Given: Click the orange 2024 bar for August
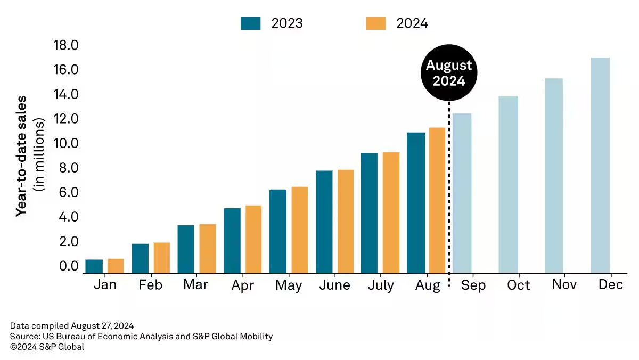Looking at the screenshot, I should point(437,200).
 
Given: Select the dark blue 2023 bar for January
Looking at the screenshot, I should point(94,266).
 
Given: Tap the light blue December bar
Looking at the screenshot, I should point(600,165).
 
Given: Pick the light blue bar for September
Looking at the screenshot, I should point(462,193).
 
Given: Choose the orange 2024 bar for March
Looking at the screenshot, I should point(208,249).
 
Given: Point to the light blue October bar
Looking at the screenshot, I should point(508,184).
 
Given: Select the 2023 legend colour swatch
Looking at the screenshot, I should point(250,23).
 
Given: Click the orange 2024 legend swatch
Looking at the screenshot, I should point(376,23).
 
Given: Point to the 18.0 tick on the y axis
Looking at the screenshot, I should point(65,45).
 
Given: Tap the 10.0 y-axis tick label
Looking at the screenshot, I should point(65,143).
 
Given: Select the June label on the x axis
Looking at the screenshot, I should point(334,285).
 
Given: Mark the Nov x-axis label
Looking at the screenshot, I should point(564,285).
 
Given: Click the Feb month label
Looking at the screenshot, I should point(151,285).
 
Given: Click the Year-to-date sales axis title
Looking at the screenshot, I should point(21,156).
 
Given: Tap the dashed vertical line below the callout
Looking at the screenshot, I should point(449,186).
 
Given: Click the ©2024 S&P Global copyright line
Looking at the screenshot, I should point(47,347).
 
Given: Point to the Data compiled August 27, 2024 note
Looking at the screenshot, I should point(71,325).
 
